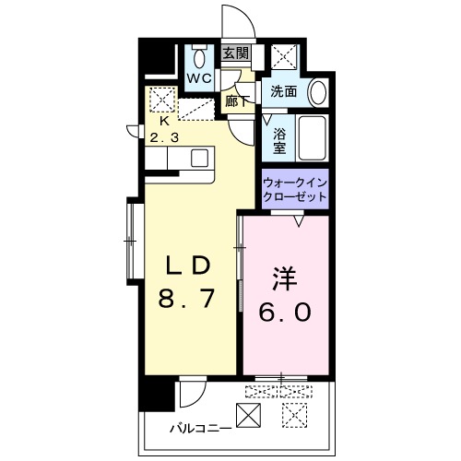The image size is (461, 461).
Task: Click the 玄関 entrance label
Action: click(235, 53)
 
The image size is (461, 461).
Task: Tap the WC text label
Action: click(199, 78)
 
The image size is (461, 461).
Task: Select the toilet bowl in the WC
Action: click(199, 58)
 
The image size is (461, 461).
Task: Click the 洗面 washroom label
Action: click(284, 91)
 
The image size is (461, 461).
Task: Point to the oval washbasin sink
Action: click(318, 93)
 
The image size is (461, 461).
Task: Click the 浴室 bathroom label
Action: click(279, 140)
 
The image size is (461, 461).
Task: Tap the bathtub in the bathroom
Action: click(312, 138)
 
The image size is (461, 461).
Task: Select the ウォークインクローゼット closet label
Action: click(295, 190)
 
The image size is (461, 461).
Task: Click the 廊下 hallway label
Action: click(237, 100)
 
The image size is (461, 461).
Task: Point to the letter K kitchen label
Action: click(165, 122)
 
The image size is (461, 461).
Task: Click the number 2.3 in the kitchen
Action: click(164, 137)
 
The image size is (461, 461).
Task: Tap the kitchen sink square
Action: click(199, 158)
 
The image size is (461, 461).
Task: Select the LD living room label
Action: click(188, 266)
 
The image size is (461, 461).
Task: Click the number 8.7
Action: click(186, 299)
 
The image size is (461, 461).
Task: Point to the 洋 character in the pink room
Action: click(285, 279)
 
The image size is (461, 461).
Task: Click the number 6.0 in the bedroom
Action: click(285, 312)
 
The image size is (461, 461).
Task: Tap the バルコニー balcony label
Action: click(201, 428)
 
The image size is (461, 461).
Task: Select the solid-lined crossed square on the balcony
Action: click(248, 415)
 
